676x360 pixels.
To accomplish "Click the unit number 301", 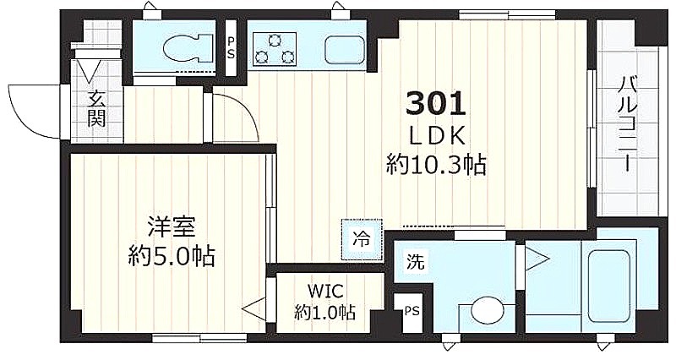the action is pos(436,104).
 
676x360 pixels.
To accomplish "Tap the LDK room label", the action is pos(436,137).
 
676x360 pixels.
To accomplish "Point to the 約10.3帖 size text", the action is pos(436,165).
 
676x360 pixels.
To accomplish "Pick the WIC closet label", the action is pos(325,292).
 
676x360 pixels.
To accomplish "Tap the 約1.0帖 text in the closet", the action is pos(325,312).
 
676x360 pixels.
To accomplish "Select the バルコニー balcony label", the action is pos(627,124).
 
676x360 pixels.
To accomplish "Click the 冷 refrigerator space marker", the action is pos(362,240).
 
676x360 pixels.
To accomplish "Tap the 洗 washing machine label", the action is pos(416,262).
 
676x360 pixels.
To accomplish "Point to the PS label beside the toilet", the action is pos(232,48).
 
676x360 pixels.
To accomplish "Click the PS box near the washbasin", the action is pos(412,312).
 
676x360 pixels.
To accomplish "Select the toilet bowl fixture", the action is pos(189,49).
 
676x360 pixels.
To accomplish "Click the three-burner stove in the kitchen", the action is pos(274,49).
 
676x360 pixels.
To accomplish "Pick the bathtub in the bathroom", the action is pos(608,286).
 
